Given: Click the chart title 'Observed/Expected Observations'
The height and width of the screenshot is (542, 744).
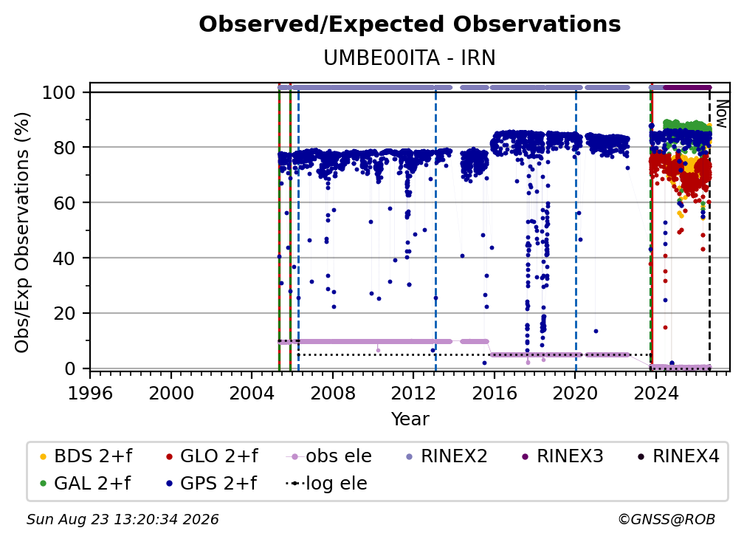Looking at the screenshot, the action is [410, 24].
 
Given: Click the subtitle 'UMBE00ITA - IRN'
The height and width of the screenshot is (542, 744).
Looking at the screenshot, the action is [410, 58].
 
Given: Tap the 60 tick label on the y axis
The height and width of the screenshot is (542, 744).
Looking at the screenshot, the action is [64, 202].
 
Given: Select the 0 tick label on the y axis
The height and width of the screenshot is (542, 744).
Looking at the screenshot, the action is [70, 368].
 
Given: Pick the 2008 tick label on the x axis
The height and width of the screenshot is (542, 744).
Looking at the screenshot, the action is [333, 393].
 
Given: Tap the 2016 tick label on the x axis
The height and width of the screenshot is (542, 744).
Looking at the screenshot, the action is [495, 393].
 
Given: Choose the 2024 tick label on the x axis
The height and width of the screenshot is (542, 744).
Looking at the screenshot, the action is [655, 393].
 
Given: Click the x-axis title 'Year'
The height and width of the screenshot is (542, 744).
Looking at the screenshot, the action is [410, 419].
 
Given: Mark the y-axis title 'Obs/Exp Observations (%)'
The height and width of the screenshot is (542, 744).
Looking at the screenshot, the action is [22, 233].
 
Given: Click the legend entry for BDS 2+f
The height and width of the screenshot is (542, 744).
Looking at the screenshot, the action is [86, 456].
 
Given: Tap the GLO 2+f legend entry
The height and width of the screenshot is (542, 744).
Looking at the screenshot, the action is [212, 456].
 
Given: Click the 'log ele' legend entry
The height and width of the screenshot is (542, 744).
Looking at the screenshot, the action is [326, 484].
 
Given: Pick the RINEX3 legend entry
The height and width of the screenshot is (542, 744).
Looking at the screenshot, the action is [562, 456].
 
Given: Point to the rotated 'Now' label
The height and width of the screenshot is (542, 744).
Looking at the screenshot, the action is [721, 114].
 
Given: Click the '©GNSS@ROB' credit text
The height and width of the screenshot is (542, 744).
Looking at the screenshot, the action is [666, 520].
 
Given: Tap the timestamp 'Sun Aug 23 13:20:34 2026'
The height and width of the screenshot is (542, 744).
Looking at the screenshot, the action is [123, 520].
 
